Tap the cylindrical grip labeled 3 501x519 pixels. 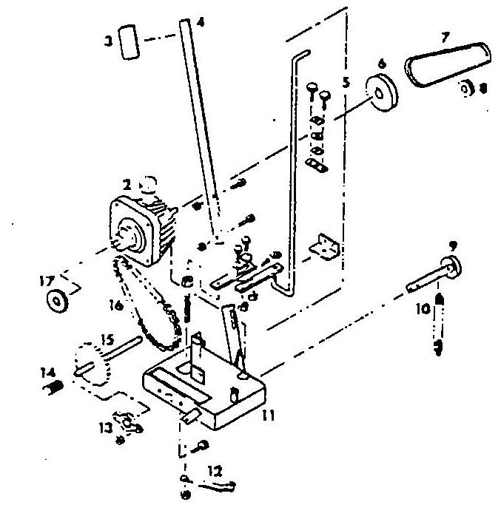[130, 44]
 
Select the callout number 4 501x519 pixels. [201, 22]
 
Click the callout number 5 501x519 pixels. [346, 82]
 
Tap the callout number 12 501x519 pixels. [215, 469]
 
